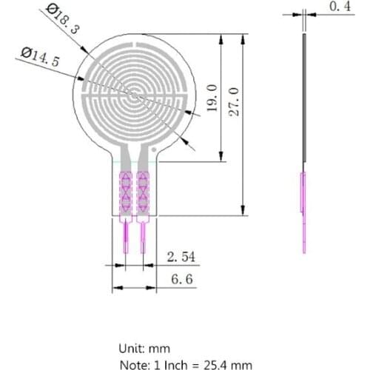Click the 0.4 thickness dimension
[x=339, y=7]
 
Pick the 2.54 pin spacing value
[x=181, y=257]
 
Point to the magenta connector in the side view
[x=302, y=211]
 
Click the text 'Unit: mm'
[x=144, y=348]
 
